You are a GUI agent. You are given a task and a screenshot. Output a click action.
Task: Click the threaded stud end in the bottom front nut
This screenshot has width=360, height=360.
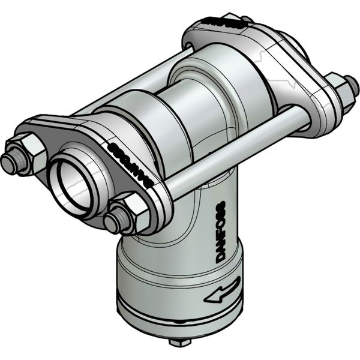(112, 223)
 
